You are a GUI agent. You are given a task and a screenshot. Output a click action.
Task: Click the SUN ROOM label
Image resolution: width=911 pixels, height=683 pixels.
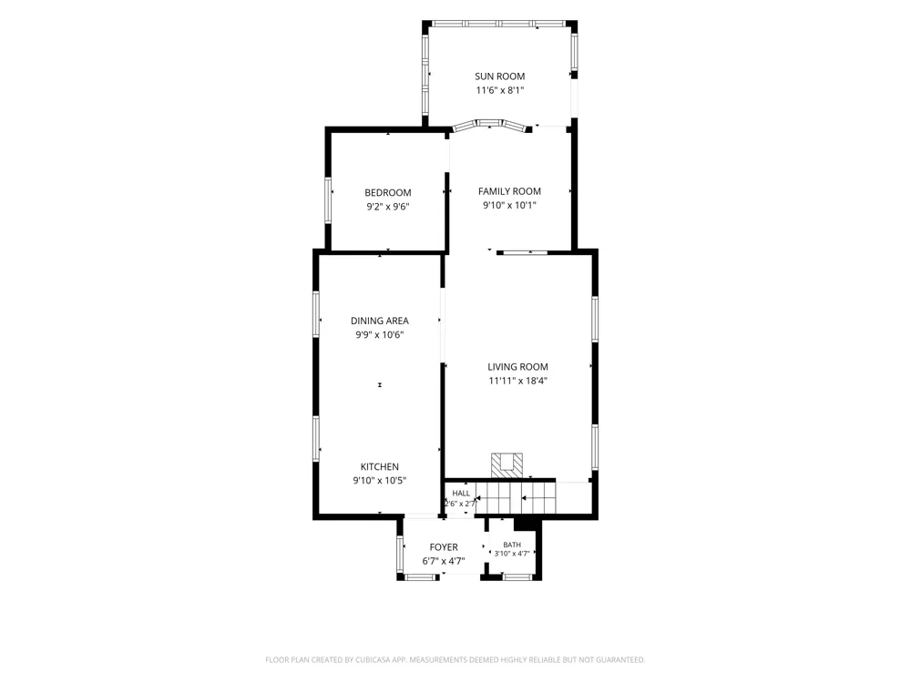point(499,76)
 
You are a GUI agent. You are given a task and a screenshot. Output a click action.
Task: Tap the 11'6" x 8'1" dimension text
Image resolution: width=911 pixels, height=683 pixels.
point(500,90)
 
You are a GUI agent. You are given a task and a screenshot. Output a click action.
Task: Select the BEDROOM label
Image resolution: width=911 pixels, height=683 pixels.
point(387,193)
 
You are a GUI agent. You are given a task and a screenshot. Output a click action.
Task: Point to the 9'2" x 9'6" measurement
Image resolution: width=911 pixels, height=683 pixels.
point(387,207)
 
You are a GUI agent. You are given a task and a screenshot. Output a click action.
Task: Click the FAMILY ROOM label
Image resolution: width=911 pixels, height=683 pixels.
point(509,191)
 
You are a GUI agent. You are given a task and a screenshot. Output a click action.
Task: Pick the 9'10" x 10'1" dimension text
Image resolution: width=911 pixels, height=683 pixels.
point(509,205)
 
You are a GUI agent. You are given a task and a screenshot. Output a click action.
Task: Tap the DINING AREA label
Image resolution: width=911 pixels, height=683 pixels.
point(379,321)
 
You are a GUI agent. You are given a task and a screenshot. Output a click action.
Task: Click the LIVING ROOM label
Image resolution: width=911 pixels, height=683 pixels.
point(517,366)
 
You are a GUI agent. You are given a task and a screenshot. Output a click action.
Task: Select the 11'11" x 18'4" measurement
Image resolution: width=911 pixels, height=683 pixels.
point(517,381)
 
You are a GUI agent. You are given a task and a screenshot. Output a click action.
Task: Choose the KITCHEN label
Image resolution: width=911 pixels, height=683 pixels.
point(379,466)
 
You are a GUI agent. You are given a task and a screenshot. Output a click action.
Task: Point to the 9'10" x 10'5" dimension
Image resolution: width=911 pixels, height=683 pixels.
point(379,480)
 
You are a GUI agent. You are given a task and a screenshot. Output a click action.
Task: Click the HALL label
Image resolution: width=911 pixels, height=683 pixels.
point(461,494)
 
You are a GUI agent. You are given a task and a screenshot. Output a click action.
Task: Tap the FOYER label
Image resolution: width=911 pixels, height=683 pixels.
point(444,547)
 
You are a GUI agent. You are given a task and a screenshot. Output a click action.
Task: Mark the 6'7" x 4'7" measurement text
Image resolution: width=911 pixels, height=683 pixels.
point(444,561)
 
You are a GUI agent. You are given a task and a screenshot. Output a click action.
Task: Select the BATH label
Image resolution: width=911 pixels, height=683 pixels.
point(512,545)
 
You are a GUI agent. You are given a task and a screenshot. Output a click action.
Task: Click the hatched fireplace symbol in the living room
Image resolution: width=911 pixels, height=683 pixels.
point(507,465)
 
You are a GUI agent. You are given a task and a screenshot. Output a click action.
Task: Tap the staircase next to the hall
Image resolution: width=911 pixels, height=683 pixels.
point(516,498)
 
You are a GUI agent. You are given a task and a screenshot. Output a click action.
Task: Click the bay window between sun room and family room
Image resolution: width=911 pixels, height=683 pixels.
point(489,124)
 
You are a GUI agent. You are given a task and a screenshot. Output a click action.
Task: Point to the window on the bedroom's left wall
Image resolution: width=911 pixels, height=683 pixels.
point(328,200)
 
